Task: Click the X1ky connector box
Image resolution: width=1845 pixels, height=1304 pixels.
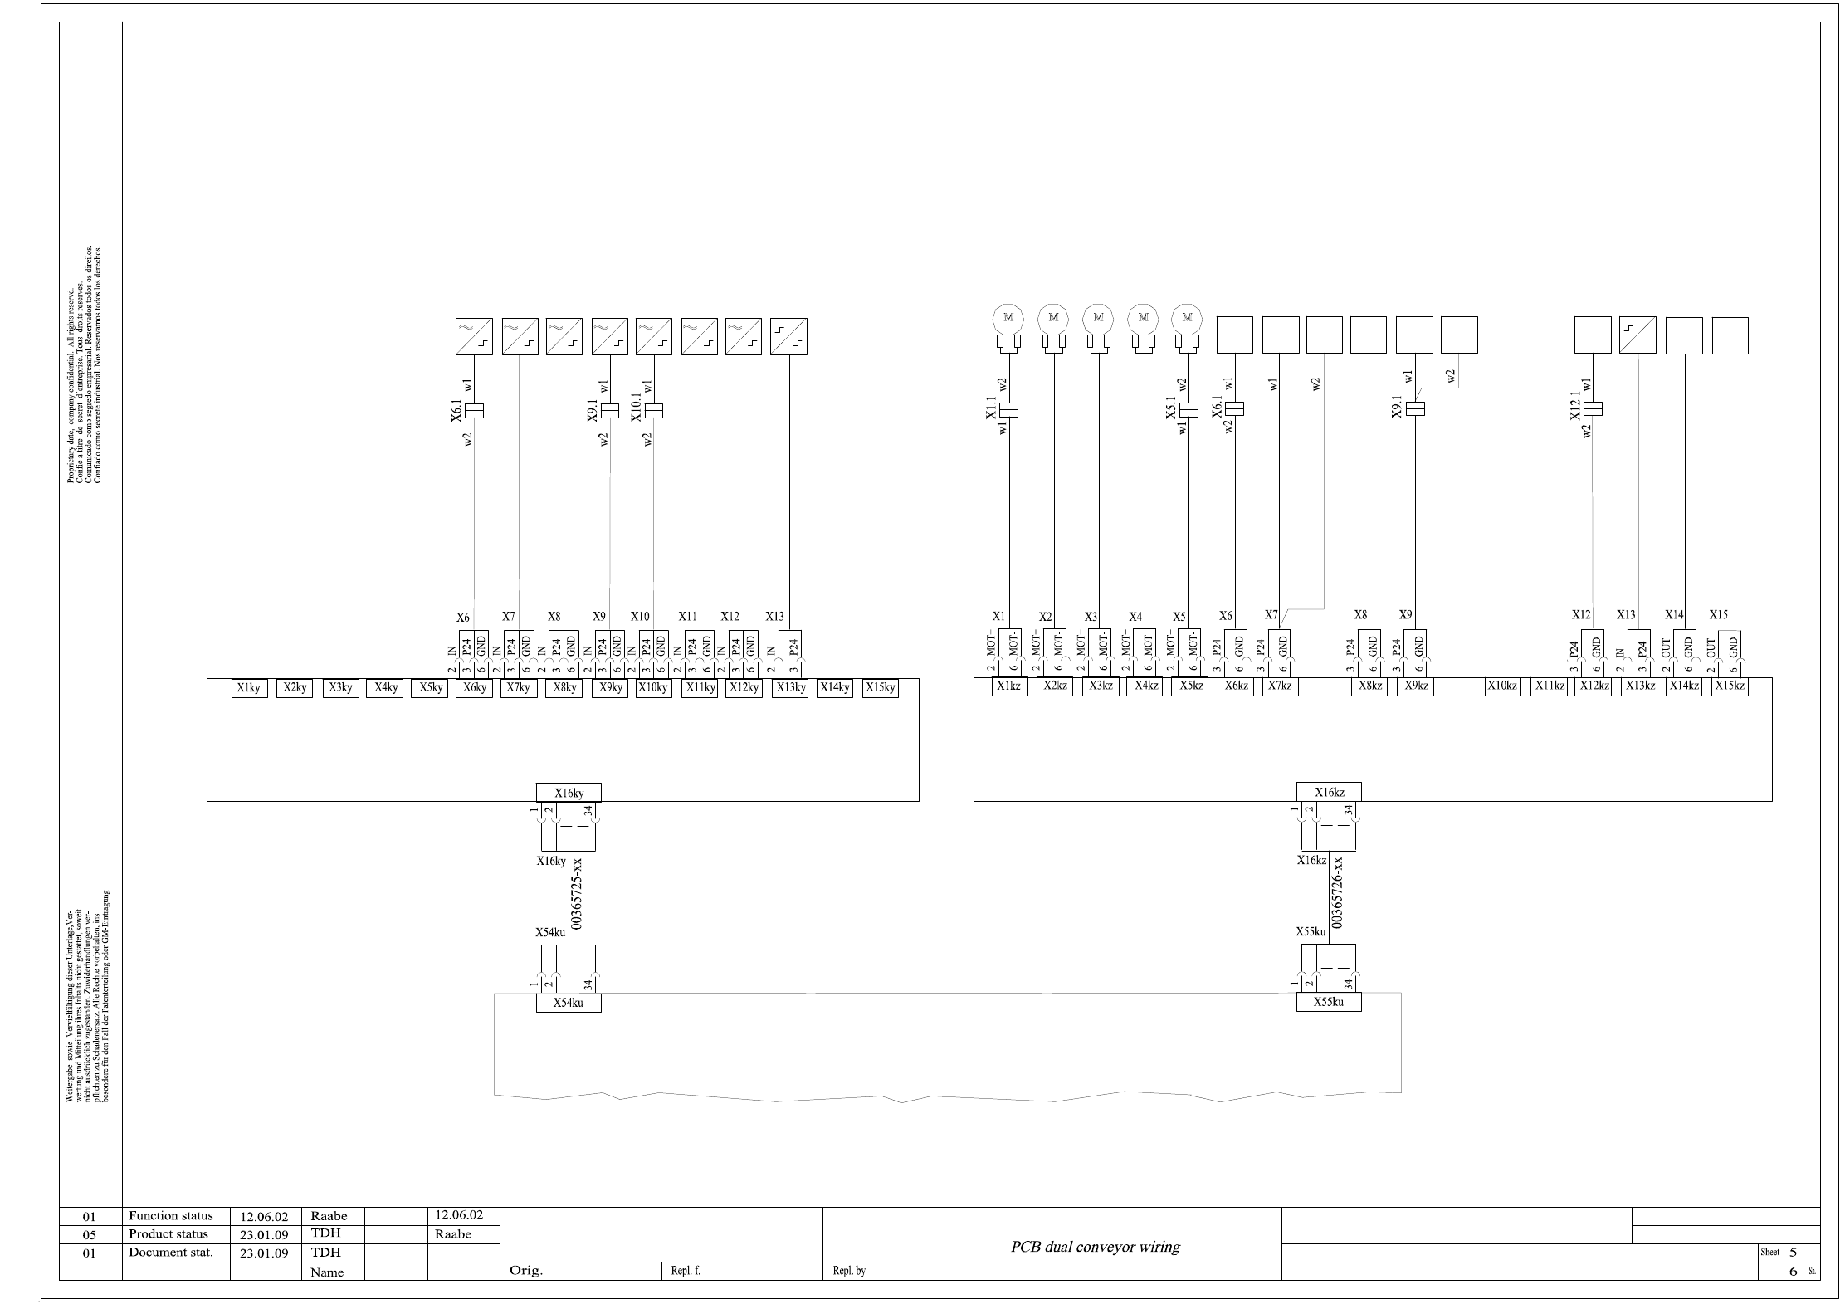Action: [249, 688]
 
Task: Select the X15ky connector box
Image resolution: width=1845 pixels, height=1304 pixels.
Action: [880, 688]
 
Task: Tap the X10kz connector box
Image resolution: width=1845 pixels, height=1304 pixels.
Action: [1502, 686]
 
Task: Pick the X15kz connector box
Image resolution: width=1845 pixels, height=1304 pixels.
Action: [1730, 686]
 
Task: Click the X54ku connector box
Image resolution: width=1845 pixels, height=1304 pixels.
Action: [569, 1003]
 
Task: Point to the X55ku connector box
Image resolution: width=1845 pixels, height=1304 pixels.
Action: [1329, 1002]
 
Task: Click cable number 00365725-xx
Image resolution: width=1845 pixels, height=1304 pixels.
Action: [578, 898]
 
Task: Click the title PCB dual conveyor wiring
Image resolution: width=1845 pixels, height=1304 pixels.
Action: [1095, 1247]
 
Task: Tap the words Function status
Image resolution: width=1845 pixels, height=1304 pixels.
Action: [171, 1216]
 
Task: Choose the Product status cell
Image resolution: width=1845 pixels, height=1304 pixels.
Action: [168, 1234]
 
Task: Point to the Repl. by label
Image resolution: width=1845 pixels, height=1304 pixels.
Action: [849, 1271]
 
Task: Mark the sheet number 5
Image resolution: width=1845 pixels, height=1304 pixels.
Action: [1794, 1253]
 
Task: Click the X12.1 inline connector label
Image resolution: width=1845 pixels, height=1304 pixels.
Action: [1575, 405]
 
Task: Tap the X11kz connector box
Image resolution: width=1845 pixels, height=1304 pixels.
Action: [1549, 686]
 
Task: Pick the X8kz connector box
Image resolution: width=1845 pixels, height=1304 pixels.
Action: [1369, 686]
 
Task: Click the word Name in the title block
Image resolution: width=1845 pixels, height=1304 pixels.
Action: [327, 1272]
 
